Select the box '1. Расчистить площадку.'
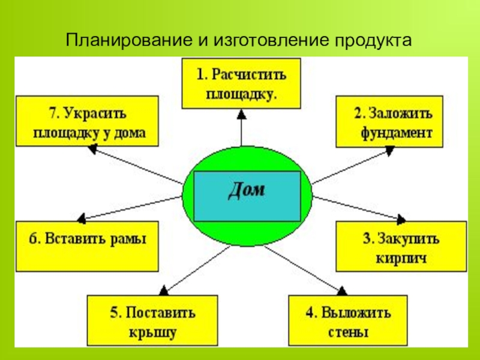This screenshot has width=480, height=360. pos(241,83)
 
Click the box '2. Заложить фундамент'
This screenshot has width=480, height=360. pos(389,121)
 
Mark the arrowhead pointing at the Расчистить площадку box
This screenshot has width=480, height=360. pos(241,113)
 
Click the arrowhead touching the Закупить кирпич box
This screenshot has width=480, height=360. pos(401,218)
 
